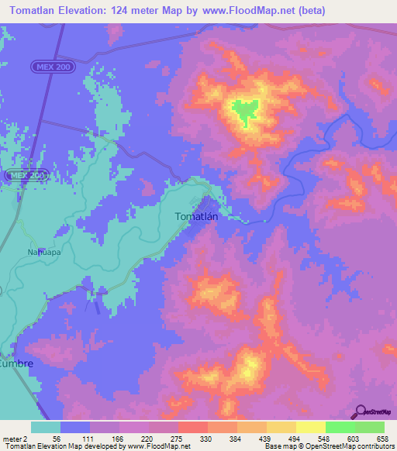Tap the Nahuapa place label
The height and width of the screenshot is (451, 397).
pos(43,252)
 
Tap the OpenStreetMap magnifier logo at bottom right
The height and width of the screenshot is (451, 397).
pos(361,412)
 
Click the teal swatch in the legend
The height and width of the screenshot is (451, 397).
pos(46,427)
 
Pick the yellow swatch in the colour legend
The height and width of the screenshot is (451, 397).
pos(309,427)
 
